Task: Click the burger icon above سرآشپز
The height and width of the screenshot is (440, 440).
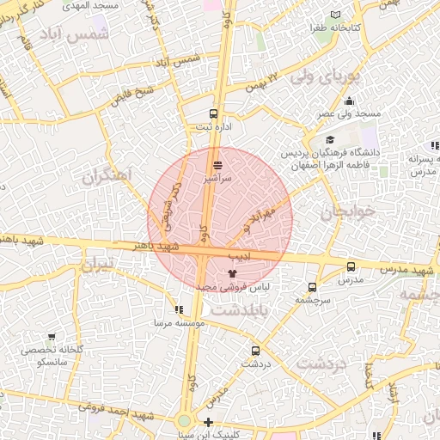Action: click(x=217, y=164)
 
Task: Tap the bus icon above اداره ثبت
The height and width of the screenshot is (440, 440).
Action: click(x=214, y=113)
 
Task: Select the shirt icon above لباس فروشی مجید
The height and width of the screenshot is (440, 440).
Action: click(x=230, y=272)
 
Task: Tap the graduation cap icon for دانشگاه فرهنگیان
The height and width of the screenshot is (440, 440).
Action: click(x=330, y=140)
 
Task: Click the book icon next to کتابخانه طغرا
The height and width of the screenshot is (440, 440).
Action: click(x=335, y=15)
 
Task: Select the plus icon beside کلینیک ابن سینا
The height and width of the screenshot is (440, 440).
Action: click(x=208, y=422)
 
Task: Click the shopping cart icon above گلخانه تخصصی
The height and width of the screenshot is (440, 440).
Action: click(x=52, y=337)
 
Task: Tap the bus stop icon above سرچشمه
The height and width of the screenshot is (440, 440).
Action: click(x=311, y=287)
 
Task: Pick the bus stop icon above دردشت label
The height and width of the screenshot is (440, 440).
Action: click(x=255, y=351)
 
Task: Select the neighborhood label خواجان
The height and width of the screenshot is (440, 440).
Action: click(x=348, y=211)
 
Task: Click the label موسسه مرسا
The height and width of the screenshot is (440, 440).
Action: click(x=178, y=322)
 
